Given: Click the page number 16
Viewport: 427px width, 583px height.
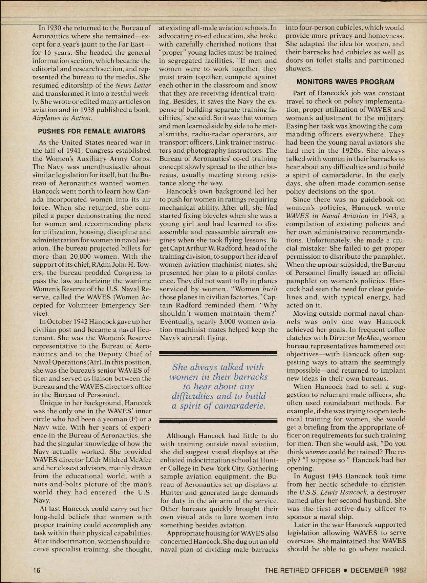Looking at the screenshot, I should pos(37,570).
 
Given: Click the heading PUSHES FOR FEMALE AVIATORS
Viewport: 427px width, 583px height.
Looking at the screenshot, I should pos(91,131).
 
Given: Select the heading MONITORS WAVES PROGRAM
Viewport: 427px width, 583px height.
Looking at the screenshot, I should pos(345,82).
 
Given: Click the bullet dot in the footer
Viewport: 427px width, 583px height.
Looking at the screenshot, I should pos(345,570).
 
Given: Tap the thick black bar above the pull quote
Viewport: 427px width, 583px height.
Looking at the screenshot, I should pos(218,352).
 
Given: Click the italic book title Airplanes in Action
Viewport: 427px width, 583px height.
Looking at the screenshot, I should pos(62,118).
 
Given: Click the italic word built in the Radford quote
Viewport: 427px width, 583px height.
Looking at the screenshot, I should pos(270,289).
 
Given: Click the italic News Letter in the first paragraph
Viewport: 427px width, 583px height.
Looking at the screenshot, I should pos(134,85).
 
